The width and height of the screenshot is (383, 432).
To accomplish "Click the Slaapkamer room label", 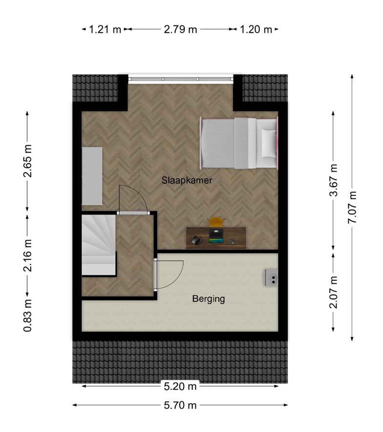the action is (x=187, y=180).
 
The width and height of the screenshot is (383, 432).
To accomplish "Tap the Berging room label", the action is (x=209, y=299).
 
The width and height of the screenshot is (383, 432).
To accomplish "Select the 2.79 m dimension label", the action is (x=180, y=29).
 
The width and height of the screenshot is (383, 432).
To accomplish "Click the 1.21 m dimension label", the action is (x=105, y=29).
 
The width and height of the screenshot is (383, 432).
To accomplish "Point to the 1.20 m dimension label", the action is (x=255, y=29).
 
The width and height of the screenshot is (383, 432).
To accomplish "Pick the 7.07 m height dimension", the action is (x=352, y=207).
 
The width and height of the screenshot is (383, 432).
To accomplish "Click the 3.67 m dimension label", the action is (x=334, y=180).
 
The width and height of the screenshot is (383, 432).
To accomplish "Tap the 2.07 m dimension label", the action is (x=334, y=292).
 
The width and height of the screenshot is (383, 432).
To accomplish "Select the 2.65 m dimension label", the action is (x=28, y=161).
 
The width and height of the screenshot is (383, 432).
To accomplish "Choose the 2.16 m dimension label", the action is (x=28, y=255).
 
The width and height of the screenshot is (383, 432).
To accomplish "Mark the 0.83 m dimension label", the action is (x=28, y=315).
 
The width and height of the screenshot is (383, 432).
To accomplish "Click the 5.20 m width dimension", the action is (x=180, y=386).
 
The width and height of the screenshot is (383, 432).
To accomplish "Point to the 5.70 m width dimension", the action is (x=180, y=405).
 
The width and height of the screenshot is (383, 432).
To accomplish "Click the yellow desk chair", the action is (x=216, y=222).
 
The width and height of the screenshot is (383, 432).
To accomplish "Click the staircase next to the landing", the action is (x=99, y=245).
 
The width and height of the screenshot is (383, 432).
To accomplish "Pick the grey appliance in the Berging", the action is (x=271, y=277).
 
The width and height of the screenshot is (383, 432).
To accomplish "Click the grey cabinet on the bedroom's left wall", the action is (x=92, y=176).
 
